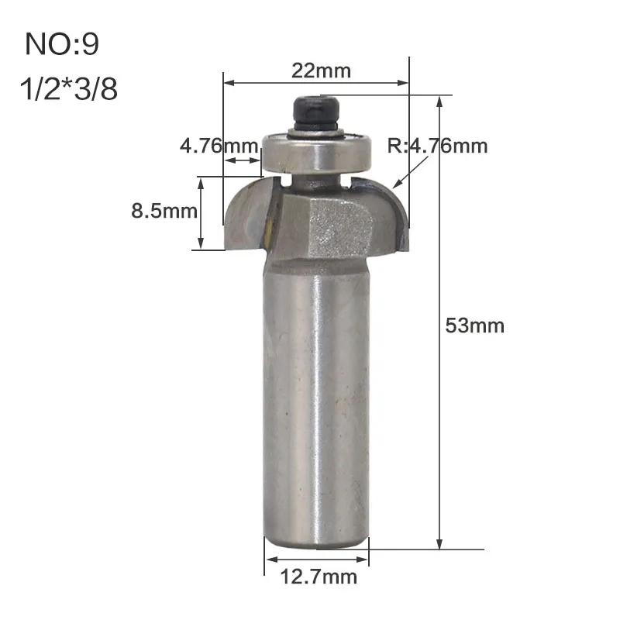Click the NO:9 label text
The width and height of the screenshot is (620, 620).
click(62, 43)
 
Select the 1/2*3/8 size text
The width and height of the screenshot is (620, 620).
click(69, 88)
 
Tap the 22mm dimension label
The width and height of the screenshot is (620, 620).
click(321, 71)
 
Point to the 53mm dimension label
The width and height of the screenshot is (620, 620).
click(474, 325)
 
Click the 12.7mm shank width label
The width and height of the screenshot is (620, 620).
click(319, 577)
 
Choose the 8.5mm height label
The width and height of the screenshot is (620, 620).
click(164, 211)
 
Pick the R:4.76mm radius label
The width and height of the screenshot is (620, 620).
click(437, 146)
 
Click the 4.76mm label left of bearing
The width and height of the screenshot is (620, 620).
click(219, 146)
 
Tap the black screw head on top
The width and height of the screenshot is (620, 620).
click(316, 112)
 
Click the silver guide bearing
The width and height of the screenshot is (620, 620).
click(316, 151)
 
